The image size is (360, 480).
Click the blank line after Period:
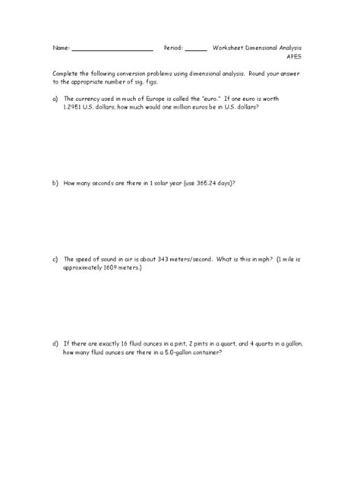click(x=195, y=49)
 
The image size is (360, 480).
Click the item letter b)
click(x=55, y=183)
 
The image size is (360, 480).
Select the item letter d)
click(x=55, y=343)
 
